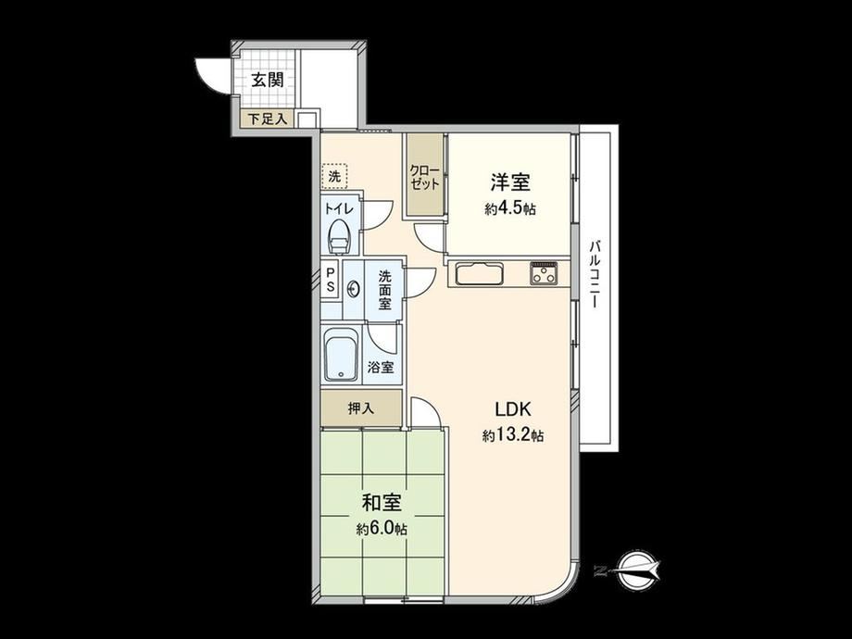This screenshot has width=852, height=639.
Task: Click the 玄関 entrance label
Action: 268,81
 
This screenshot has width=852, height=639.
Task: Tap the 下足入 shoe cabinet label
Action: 268,119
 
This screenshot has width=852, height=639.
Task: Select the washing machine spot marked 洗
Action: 334,176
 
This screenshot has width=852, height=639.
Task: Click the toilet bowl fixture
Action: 340,237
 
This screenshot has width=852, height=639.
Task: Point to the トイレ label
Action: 340,209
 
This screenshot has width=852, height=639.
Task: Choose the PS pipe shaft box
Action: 331,280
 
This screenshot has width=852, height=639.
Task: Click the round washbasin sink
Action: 353,288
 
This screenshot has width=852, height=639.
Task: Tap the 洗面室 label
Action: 384,290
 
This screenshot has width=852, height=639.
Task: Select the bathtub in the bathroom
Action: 341,355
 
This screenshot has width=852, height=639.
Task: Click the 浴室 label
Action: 381,368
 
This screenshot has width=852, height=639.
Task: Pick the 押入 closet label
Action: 361,407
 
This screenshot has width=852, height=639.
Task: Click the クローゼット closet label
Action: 425,177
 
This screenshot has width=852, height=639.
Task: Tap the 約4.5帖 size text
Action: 510,209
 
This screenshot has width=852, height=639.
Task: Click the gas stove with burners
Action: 544,273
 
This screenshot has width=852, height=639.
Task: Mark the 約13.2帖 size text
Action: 512,435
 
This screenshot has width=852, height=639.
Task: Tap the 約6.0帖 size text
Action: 382,529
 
